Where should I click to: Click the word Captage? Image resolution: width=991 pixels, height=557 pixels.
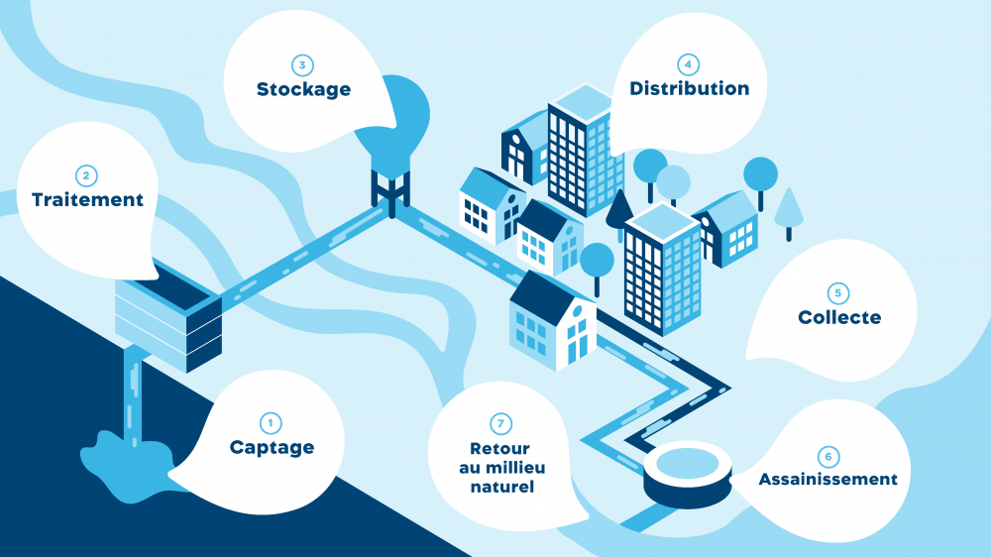(272, 448)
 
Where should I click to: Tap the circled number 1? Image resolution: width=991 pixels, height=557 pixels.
(271, 423)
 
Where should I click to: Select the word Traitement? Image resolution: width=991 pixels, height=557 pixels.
(87, 200)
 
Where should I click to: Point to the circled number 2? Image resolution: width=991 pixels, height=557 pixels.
(86, 175)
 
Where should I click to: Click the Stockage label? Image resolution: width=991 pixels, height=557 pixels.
(303, 89)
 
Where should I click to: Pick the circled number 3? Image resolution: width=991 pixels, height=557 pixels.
(302, 65)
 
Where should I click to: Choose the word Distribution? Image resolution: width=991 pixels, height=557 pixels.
(690, 88)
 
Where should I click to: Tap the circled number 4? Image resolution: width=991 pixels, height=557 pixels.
(688, 64)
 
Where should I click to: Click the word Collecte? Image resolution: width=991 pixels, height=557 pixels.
(839, 317)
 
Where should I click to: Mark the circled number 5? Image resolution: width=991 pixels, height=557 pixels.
(838, 292)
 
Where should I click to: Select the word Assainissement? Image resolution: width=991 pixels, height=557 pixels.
(827, 480)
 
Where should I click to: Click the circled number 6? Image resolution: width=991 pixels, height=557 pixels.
(828, 457)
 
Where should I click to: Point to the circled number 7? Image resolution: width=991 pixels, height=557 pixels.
(500, 423)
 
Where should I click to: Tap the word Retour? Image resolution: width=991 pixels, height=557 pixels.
(499, 448)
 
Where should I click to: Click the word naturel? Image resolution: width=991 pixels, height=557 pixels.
(502, 487)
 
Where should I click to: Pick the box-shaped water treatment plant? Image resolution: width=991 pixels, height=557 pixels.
(168, 316)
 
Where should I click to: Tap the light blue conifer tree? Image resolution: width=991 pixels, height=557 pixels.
(789, 212)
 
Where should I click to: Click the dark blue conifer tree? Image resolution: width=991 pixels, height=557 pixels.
(619, 212)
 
